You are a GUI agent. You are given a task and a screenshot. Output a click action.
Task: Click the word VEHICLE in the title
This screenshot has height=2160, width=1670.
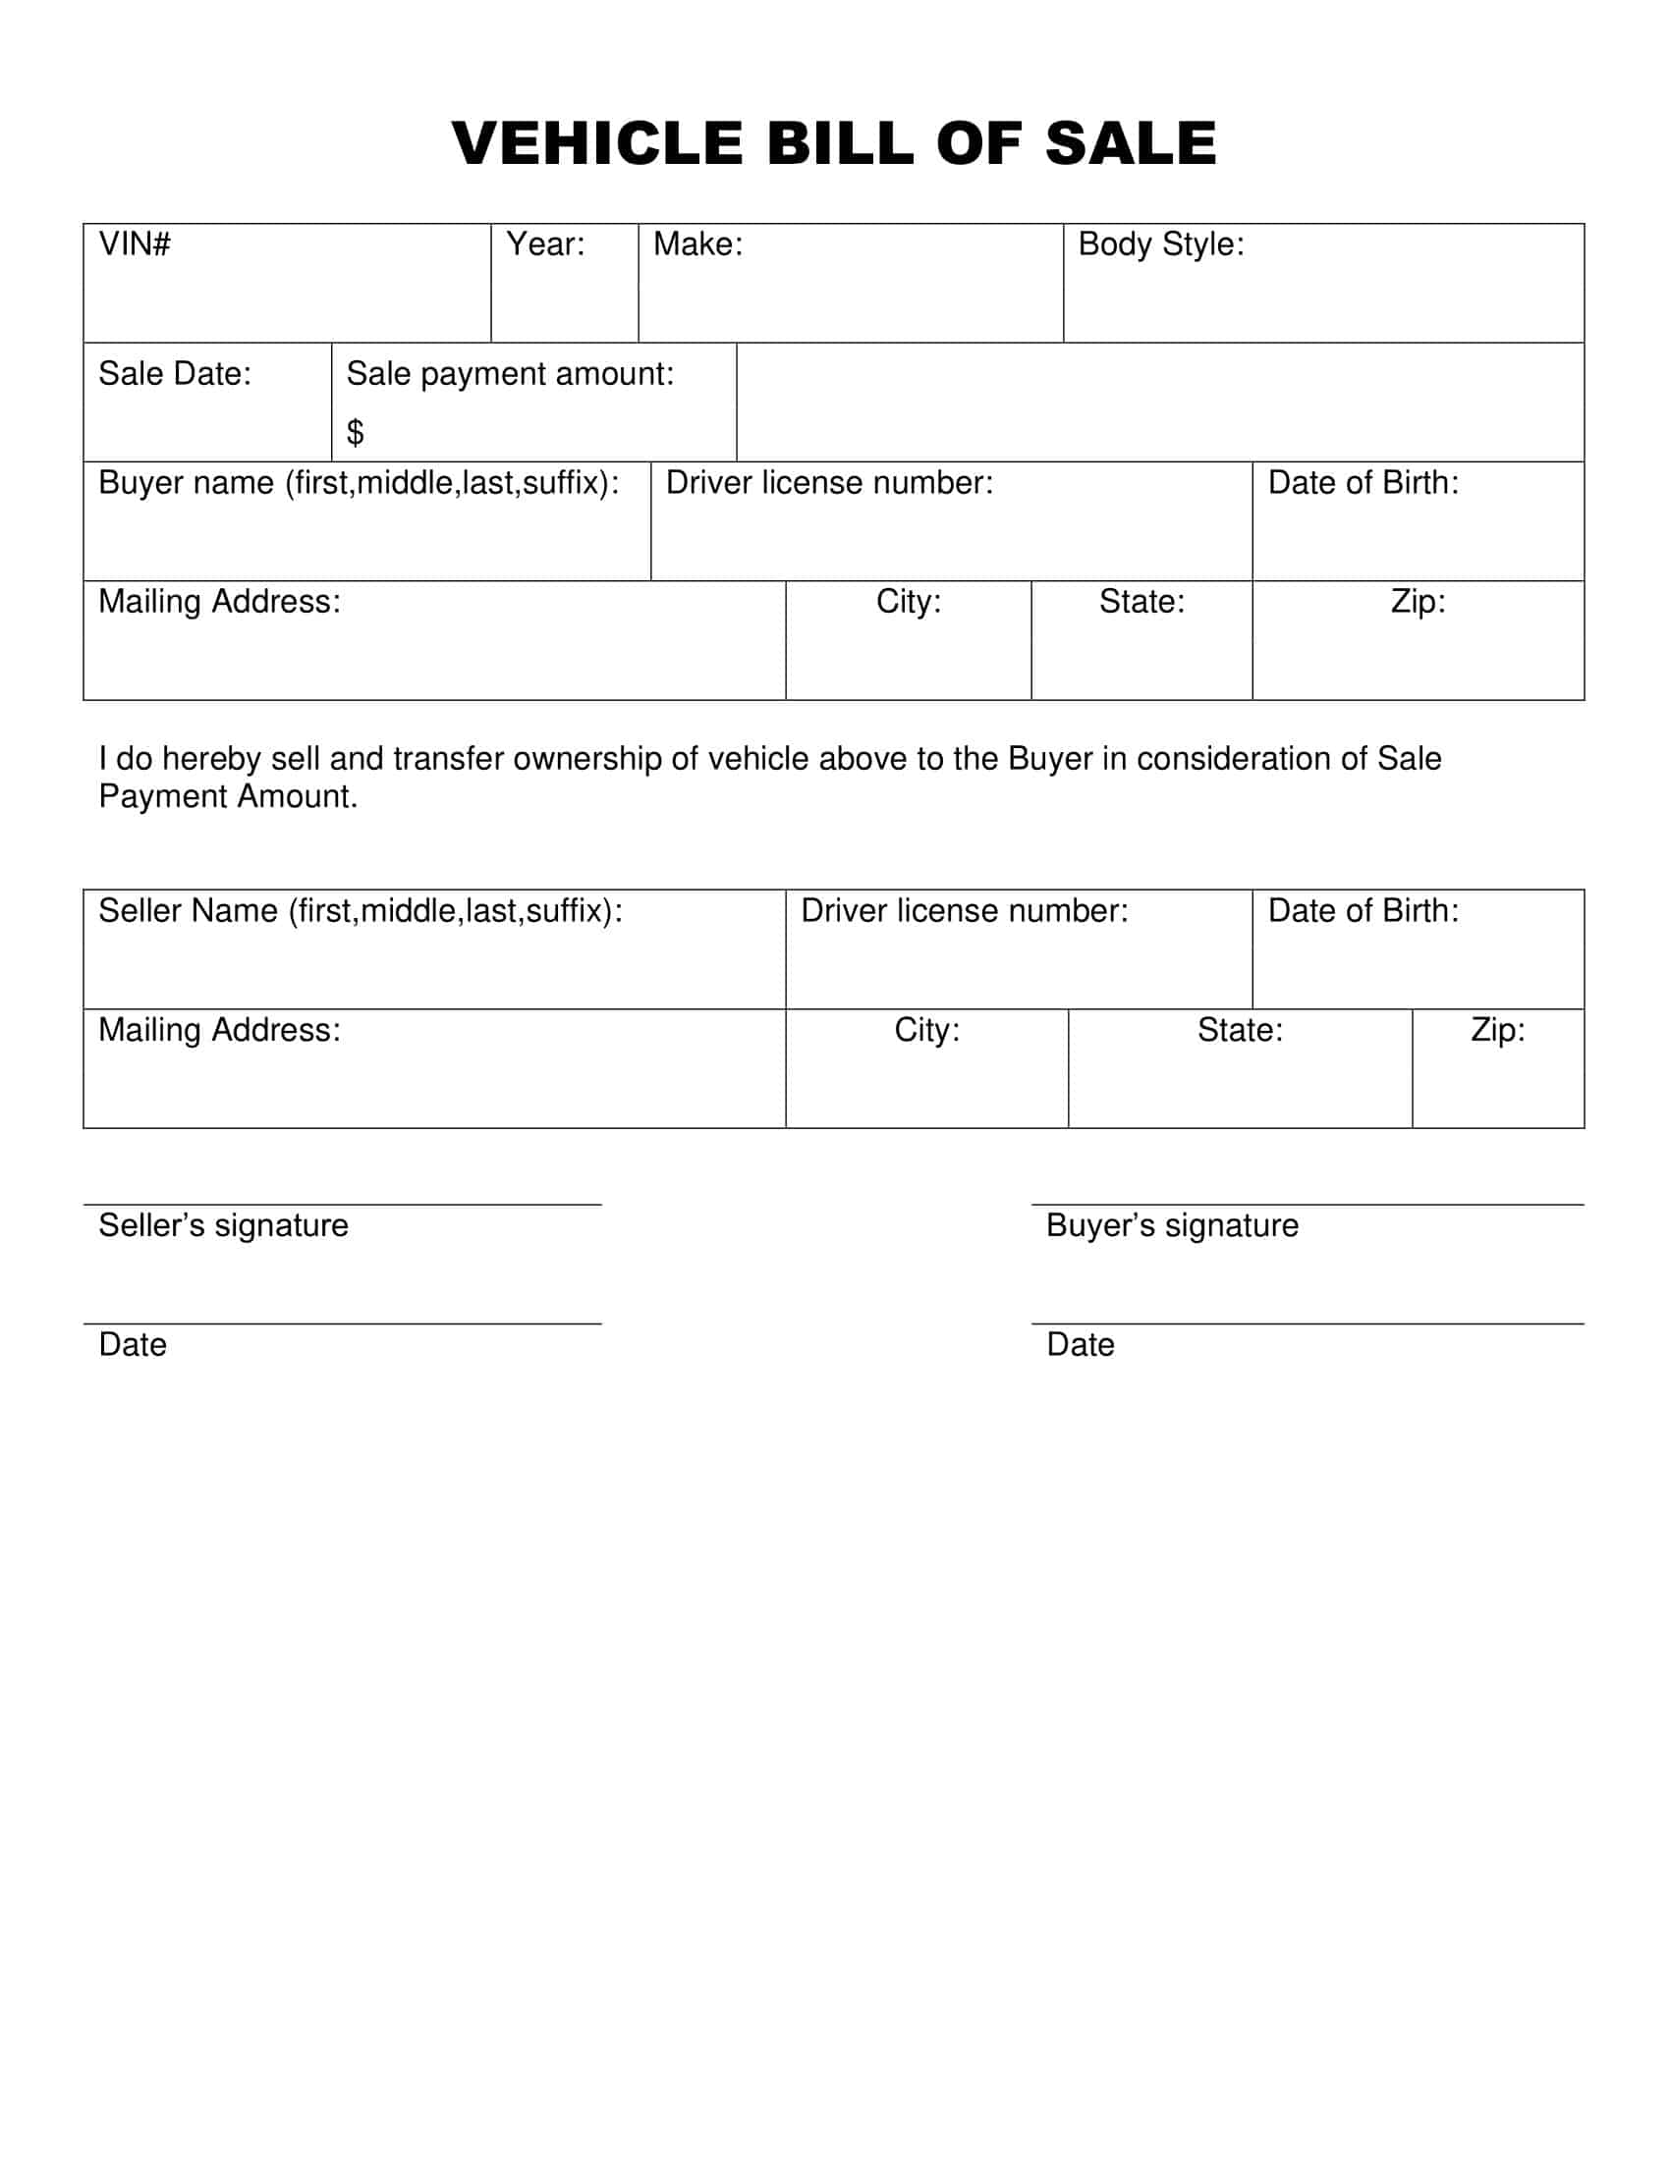(596, 143)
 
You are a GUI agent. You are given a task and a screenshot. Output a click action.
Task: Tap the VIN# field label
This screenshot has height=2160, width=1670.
(135, 244)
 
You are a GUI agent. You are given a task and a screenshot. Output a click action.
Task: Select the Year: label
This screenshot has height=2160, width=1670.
(545, 244)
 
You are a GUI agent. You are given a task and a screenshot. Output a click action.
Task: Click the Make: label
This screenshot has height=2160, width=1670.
(697, 244)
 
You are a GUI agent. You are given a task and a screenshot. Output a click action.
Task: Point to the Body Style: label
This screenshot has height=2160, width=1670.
(1160, 244)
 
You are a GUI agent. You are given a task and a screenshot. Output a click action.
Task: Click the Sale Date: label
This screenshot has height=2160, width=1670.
(174, 374)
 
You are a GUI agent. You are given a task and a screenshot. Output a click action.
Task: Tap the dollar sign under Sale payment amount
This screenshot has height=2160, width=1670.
(356, 432)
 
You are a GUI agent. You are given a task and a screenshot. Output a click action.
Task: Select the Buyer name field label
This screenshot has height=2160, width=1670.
(359, 483)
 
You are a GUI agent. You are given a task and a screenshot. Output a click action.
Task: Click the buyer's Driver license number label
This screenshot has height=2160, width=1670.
(829, 483)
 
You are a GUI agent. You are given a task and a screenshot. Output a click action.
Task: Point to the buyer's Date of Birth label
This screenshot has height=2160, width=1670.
(1363, 483)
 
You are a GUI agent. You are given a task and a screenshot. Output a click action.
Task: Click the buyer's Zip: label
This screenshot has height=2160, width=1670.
(1418, 601)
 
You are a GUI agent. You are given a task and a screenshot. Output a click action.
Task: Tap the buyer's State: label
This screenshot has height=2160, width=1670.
(1141, 601)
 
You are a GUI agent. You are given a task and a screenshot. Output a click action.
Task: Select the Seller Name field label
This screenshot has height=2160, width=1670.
(361, 911)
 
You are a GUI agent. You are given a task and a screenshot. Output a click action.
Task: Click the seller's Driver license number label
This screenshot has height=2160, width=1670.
(964, 911)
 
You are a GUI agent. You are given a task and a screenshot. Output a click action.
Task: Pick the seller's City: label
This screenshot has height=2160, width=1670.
(927, 1031)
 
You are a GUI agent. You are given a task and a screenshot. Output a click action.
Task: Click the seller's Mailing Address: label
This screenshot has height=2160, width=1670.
(219, 1031)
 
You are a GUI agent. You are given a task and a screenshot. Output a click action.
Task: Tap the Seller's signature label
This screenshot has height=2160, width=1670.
(224, 1225)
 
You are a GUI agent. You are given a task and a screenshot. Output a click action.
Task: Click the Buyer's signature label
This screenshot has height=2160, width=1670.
(1171, 1225)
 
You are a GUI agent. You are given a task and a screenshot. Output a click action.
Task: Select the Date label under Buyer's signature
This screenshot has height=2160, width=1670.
(1081, 1345)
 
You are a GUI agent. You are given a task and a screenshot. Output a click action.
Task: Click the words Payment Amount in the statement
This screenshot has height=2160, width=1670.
(228, 796)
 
